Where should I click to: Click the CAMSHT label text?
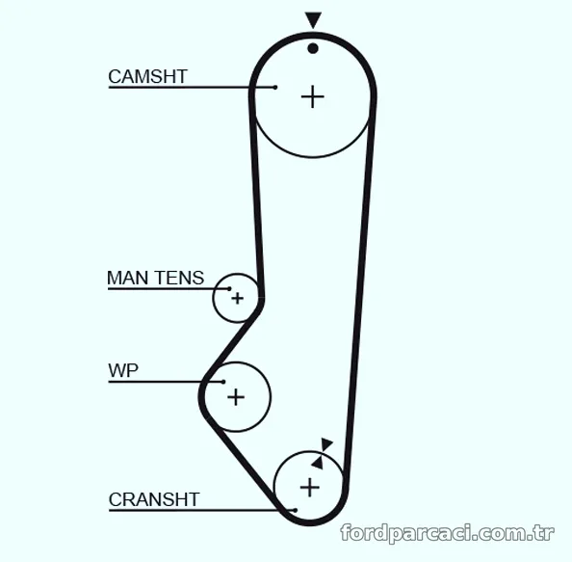[147, 77]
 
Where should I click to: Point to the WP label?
[123, 370]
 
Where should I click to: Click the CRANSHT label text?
[154, 499]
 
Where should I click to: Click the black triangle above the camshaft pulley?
[313, 19]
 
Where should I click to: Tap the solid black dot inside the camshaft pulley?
[313, 48]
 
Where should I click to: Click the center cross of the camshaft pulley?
[313, 97]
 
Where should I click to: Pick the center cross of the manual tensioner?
[238, 298]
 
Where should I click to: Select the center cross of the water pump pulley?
[236, 397]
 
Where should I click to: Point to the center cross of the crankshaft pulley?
[310, 487]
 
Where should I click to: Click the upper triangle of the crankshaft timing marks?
[326, 444]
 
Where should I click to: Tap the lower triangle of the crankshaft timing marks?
[318, 463]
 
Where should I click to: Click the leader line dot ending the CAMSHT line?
[275, 88]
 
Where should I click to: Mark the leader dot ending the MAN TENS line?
[229, 289]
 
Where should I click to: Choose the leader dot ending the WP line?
[223, 382]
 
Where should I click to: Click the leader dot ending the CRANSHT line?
[296, 510]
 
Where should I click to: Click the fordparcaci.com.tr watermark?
[447, 533]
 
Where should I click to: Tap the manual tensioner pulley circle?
[213, 298]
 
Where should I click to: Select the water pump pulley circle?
[271, 397]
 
